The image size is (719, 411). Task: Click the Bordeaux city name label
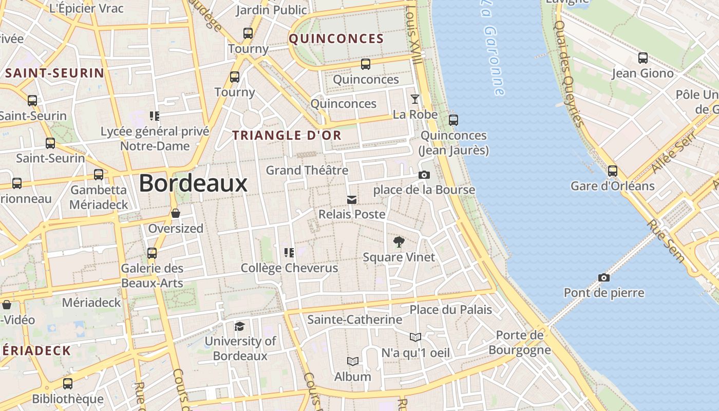pos(193,183)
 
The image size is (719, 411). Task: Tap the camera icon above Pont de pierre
pos(604,278)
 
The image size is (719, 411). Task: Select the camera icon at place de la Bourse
pos(424,175)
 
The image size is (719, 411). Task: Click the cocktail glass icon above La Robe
pos(415,99)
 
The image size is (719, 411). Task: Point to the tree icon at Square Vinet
pos(399,241)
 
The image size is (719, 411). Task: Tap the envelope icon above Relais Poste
pos(352,199)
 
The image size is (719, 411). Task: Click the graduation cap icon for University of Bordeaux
pos(239,326)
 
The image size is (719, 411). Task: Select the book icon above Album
pos(352,362)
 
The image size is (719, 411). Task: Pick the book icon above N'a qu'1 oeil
pos(415,337)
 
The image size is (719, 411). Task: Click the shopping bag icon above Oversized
pos(176,213)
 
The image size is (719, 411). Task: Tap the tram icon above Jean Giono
pos(642,58)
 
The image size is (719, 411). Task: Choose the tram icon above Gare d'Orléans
pos(612,171)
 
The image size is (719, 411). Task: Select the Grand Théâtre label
pos(307,170)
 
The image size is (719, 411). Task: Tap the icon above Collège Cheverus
pos(289,252)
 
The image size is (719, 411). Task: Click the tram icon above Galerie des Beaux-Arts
pos(152,253)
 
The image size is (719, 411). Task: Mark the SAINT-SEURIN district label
pos(54,73)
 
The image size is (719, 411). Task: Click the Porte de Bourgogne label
pos(520,343)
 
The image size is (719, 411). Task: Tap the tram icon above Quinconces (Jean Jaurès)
pos(453,120)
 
